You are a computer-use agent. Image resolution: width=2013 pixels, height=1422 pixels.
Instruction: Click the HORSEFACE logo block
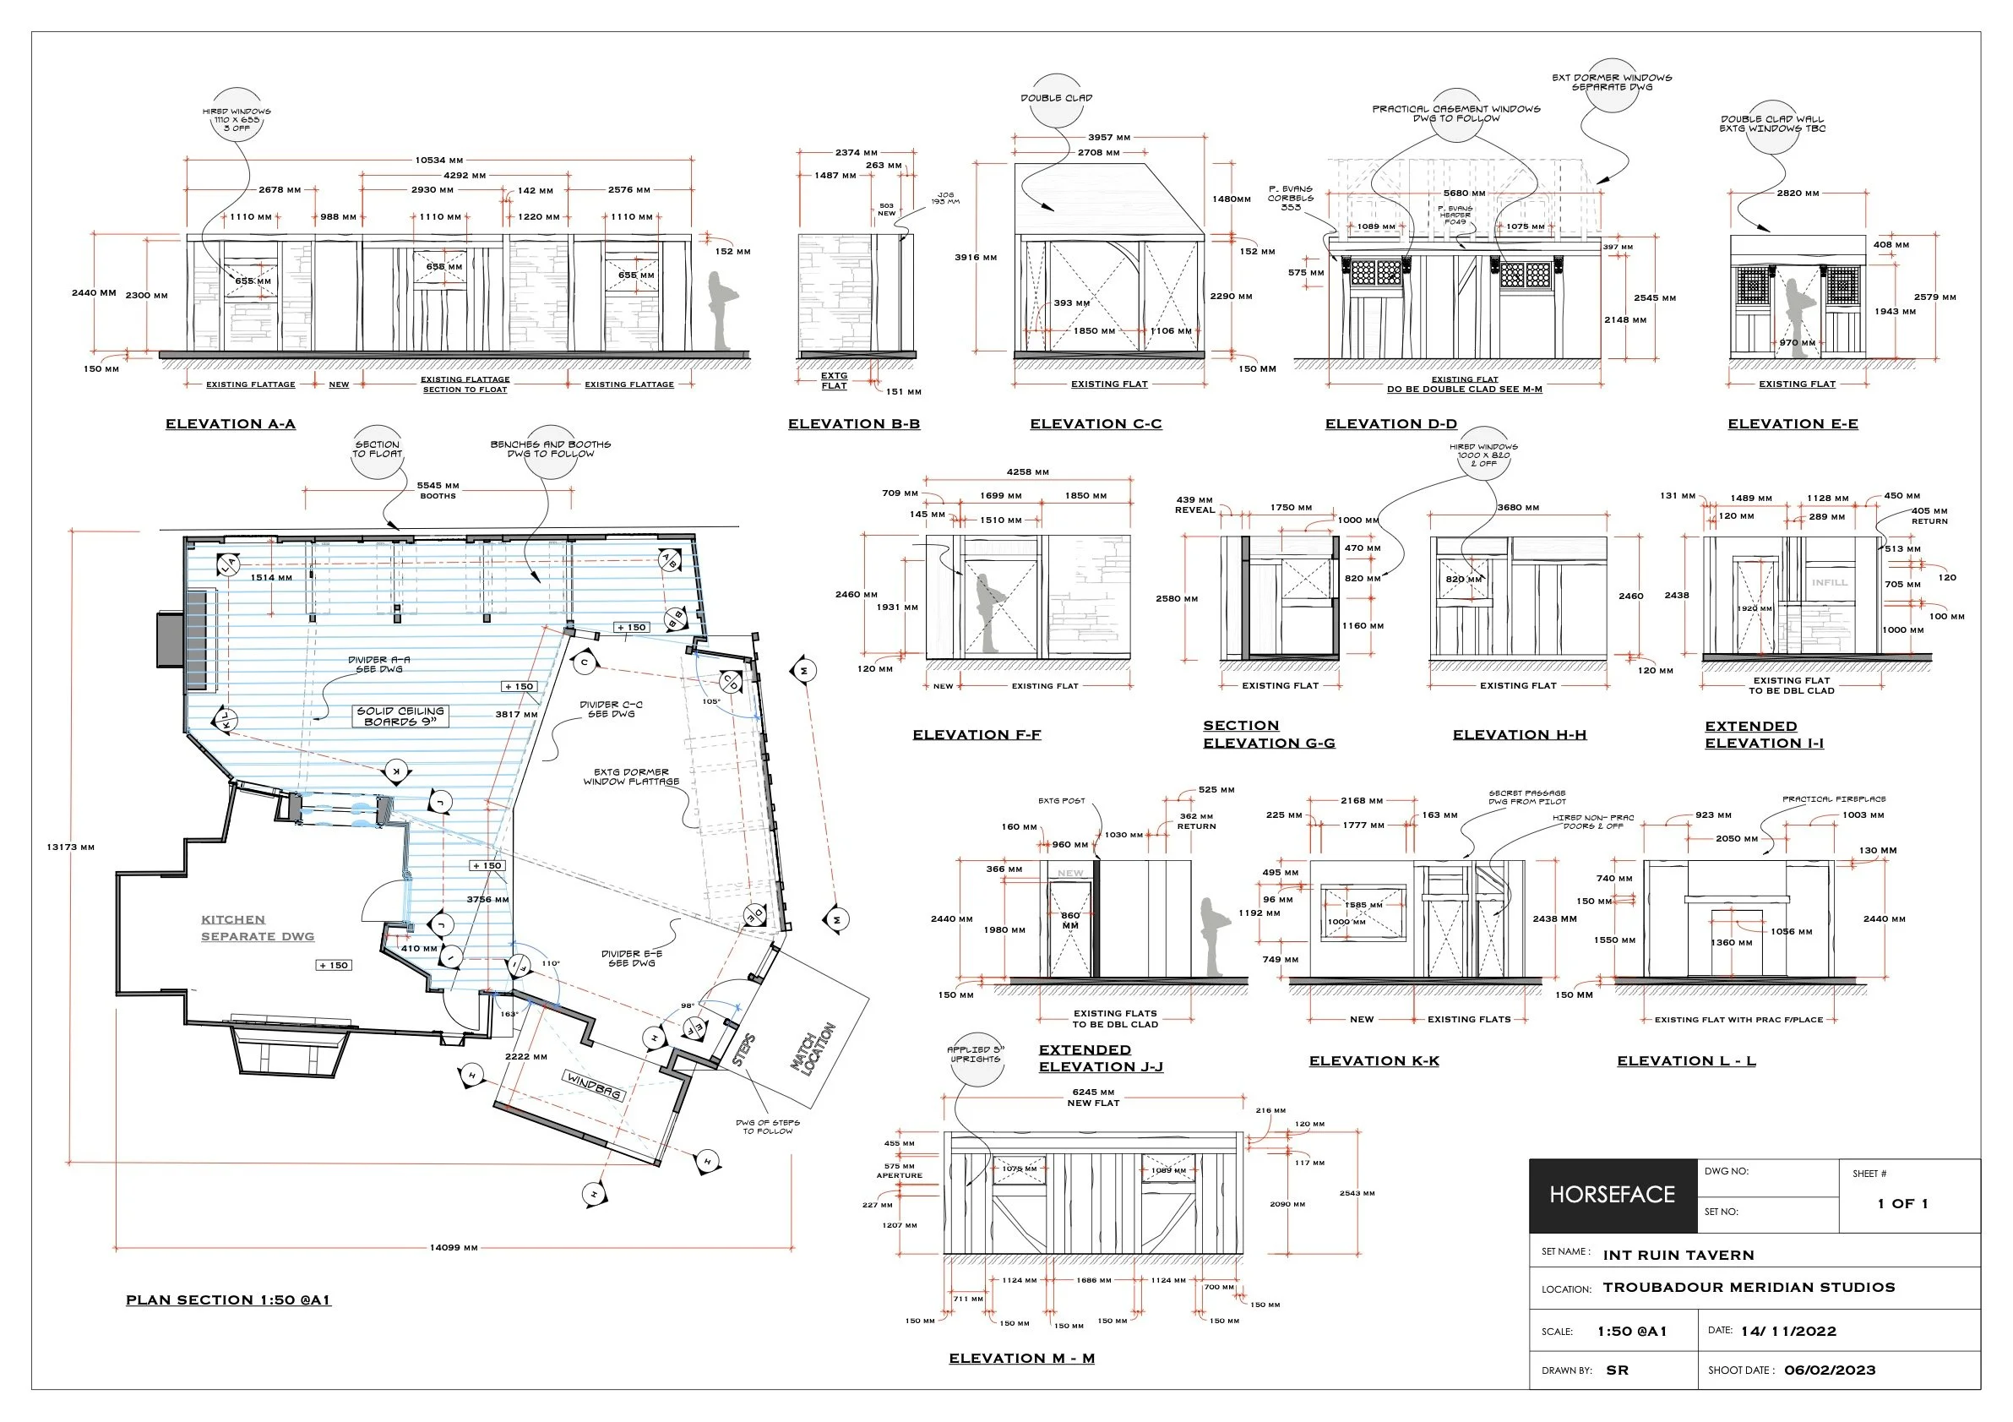pos(1613,1195)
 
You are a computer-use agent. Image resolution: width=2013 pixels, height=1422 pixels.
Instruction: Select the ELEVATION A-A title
pos(231,424)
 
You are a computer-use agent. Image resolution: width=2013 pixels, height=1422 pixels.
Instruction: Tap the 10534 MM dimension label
pos(439,161)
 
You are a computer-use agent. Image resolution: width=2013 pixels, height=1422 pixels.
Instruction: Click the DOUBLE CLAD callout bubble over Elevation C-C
pos(1057,98)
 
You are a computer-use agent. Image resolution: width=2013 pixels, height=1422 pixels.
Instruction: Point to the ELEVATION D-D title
pos(1390,424)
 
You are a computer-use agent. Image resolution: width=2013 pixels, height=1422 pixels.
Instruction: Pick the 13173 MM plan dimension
pos(70,847)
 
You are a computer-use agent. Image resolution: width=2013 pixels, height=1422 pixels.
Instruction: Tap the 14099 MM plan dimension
pos(454,1248)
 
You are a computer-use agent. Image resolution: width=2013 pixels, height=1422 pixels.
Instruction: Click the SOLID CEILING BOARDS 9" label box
pos(400,716)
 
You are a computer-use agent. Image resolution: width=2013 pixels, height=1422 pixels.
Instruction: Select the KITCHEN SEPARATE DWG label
pos(257,928)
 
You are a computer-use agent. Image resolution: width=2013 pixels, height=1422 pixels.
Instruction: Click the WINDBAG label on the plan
pos(594,1087)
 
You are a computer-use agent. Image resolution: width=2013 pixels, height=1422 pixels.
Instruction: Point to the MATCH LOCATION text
pos(813,1049)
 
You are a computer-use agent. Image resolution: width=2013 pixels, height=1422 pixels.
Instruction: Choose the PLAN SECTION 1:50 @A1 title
pos(228,1300)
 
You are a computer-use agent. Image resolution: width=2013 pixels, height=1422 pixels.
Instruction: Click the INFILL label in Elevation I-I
pos(1829,582)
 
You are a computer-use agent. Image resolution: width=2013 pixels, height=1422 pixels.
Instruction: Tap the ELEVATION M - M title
pos(1021,1358)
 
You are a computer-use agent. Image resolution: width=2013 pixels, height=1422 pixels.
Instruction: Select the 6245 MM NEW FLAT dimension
pos(1093,1098)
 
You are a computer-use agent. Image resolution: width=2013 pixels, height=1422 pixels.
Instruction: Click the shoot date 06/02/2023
pos(1830,1370)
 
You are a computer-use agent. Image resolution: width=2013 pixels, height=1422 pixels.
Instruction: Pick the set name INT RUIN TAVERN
pos(1678,1256)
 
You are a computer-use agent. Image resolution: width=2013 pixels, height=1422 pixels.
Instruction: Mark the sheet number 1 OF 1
pos(1902,1204)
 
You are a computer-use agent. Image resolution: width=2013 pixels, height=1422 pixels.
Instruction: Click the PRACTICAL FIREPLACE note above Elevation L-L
pos(1833,798)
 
